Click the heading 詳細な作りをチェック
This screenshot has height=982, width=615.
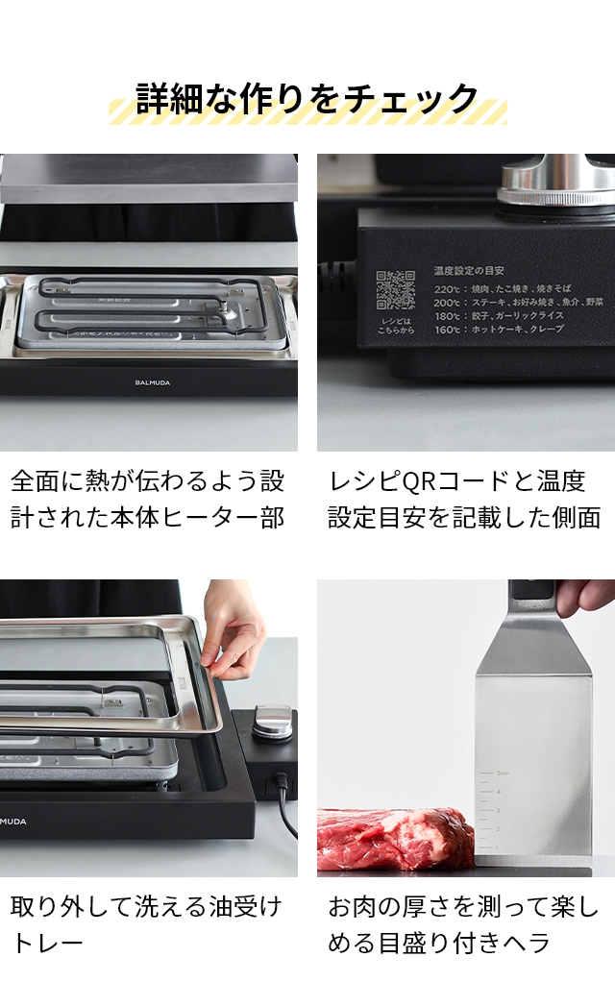[x=307, y=99]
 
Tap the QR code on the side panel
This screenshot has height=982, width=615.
[x=395, y=290]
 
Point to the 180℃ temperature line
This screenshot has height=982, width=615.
[x=499, y=315]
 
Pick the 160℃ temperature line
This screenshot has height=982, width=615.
[x=500, y=329]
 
